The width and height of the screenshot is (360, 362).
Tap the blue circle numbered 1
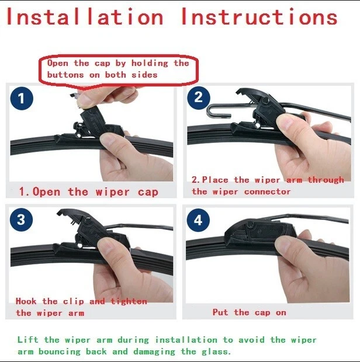click(x=22, y=98)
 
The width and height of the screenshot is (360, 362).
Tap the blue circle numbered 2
click(x=198, y=97)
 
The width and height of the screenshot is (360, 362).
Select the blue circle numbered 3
click(x=22, y=220)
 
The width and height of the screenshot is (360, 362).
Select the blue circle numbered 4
click(x=198, y=220)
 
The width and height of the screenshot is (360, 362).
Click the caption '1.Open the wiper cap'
click(x=88, y=192)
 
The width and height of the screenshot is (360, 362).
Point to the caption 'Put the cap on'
click(x=249, y=312)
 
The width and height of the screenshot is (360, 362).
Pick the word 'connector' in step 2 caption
click(x=267, y=192)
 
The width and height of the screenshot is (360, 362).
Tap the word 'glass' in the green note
click(x=216, y=351)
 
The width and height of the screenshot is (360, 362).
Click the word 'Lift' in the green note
click(x=28, y=340)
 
